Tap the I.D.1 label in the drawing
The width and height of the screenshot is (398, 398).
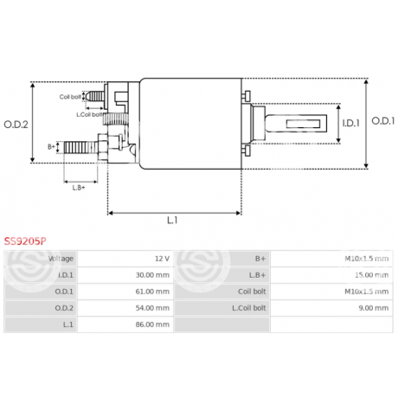350,124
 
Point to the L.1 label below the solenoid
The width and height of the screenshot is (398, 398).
172,221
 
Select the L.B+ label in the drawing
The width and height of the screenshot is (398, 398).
79,188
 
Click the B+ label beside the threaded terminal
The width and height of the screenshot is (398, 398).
51,147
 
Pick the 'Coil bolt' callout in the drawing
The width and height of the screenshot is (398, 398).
71,97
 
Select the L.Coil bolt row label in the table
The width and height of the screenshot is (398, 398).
247,308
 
